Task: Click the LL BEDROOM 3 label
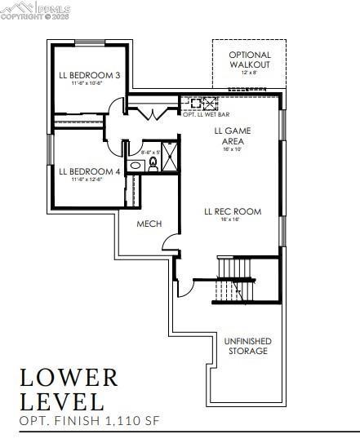(90, 75)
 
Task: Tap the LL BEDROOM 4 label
(90, 171)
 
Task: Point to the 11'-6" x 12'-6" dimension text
(90, 180)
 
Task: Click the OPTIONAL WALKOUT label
(249, 60)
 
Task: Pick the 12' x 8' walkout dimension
(249, 73)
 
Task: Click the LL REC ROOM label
(233, 211)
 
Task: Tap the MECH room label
(149, 224)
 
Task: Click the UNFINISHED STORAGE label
(248, 346)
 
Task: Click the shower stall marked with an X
(170, 156)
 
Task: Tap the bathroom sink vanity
(136, 166)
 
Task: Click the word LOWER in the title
(69, 378)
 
